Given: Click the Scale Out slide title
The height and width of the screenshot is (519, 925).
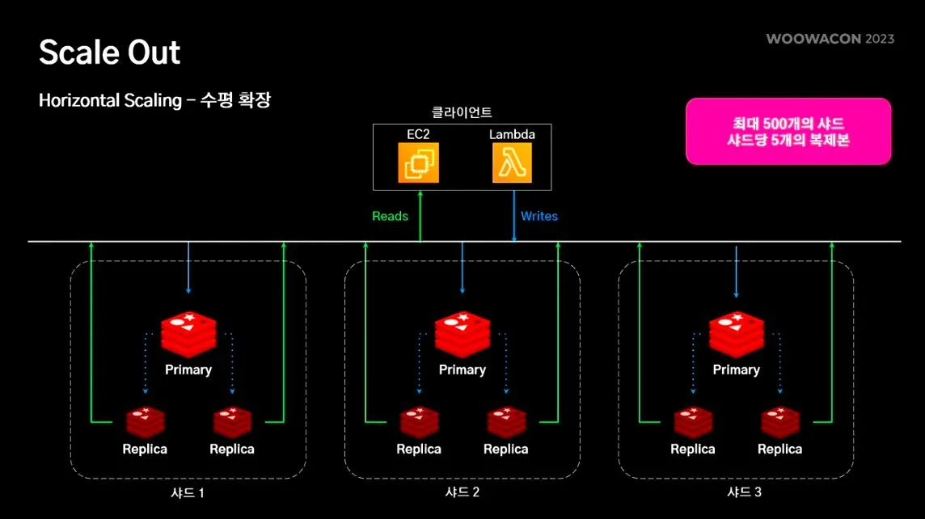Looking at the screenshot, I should pos(110,53).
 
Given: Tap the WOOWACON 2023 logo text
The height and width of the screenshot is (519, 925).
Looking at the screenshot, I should pos(830,39).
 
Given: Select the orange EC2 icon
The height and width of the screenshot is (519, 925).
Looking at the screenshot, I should pos(418,162).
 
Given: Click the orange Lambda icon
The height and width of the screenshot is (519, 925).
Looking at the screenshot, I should pos(512,162).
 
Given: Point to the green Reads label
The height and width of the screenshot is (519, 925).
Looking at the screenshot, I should pos(390,217).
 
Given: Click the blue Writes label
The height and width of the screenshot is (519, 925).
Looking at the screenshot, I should pos(539,217).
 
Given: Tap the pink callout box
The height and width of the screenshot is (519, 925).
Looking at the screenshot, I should pos(788,131).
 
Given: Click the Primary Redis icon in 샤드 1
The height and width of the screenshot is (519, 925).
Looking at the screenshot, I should pos(188,333).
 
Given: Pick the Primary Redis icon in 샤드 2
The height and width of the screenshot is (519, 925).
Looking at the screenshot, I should pos(462,333).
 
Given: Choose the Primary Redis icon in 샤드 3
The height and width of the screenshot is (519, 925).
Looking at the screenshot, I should pos(736,333).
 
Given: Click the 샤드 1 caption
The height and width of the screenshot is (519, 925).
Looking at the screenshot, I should pos(188,492).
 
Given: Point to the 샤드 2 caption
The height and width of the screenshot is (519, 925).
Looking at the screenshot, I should pos(462,492).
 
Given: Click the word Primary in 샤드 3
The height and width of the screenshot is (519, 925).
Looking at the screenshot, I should pos(736,369).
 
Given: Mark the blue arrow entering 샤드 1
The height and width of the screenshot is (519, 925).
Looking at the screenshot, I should pos(188,268).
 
